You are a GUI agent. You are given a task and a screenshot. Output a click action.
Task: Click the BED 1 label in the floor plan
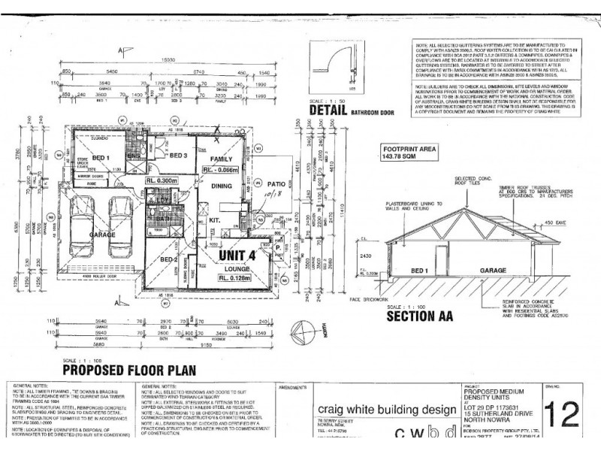pyautogui.click(x=101, y=156)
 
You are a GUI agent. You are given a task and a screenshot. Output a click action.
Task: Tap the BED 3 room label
pyautogui.click(x=177, y=156)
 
